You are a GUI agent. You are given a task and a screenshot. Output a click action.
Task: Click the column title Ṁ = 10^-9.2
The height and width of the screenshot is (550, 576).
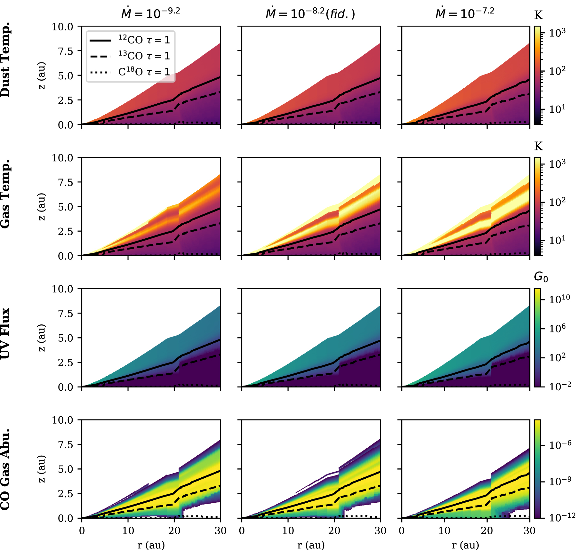[150, 13]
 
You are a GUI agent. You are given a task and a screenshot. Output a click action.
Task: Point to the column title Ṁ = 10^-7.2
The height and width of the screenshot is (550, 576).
[465, 13]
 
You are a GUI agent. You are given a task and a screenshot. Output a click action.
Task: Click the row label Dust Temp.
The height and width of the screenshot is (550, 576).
[6, 60]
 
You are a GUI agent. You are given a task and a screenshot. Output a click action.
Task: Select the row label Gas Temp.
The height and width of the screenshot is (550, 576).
[6, 194]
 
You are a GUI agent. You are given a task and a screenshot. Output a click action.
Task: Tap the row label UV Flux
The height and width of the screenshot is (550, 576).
[6, 333]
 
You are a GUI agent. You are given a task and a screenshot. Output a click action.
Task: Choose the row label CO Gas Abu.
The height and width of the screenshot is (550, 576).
[6, 469]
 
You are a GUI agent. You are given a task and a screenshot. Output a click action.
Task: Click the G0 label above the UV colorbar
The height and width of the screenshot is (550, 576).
[540, 277]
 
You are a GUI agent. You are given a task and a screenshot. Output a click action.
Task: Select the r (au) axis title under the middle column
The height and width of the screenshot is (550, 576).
[311, 545]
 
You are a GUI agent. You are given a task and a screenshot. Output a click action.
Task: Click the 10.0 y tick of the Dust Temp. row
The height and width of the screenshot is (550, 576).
[62, 27]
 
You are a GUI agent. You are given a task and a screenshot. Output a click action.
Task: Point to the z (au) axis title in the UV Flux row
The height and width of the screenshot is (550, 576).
[42, 338]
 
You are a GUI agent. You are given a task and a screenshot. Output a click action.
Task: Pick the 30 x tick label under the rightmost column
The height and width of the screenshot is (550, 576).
[529, 530]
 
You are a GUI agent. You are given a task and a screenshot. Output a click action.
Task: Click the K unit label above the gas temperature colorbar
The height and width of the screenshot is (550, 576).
[538, 146]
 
